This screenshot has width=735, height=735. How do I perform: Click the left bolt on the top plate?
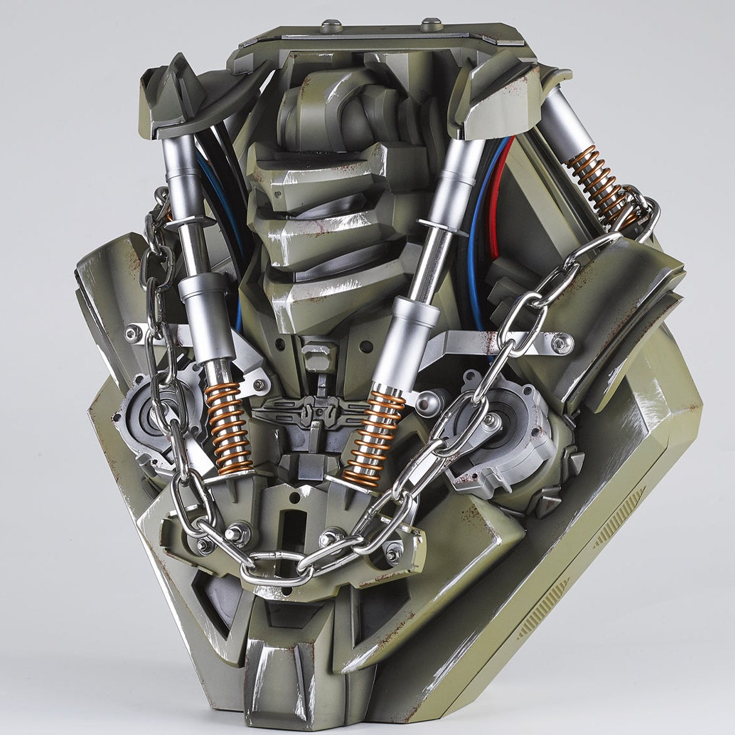331,25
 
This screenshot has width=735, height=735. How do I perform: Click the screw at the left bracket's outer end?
133,333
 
